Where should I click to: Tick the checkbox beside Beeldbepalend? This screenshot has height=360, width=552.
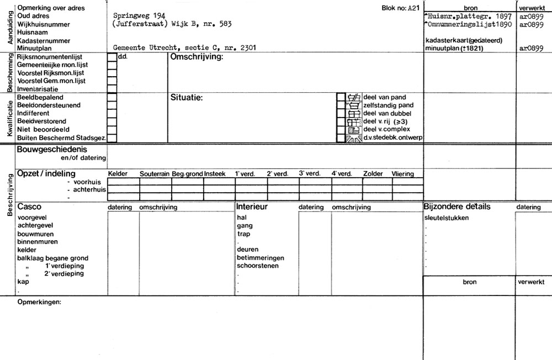pos(112,97)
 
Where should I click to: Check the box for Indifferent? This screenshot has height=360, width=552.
pos(112,113)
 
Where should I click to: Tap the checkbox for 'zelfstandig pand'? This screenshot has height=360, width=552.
pos(341,105)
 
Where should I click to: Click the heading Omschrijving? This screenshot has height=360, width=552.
pos(196,57)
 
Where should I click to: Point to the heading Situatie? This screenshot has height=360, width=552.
pos(187,98)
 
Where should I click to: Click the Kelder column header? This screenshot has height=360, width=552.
pos(118,174)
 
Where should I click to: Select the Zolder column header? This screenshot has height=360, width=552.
pos(373,174)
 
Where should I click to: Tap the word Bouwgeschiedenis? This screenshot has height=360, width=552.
pos(52,150)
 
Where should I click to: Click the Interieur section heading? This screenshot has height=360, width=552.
pos(252,207)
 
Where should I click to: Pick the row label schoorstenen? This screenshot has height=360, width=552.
pos(257,266)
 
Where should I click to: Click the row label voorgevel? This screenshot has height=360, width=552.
pos(33,218)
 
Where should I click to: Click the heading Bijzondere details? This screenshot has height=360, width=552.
pos(457,207)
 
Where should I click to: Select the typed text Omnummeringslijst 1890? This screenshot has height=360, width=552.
pos(470,25)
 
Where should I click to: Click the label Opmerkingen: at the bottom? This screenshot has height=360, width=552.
pos(39,302)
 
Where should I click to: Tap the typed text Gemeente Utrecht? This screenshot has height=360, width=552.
pos(145,48)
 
